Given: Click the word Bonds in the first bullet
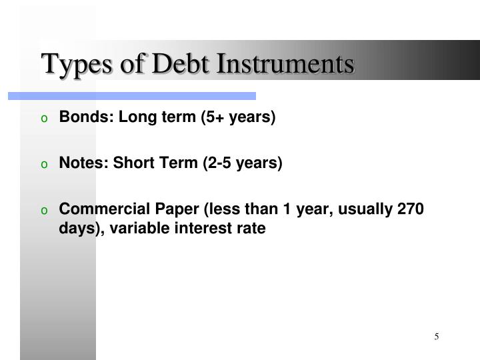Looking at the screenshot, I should (78, 118).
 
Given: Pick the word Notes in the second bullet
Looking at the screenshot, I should (77, 163).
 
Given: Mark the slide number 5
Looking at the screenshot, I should (437, 337).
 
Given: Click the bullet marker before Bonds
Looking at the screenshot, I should (44, 119).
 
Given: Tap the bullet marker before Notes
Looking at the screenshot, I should (44, 165).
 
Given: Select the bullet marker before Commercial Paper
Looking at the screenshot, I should (44, 211).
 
